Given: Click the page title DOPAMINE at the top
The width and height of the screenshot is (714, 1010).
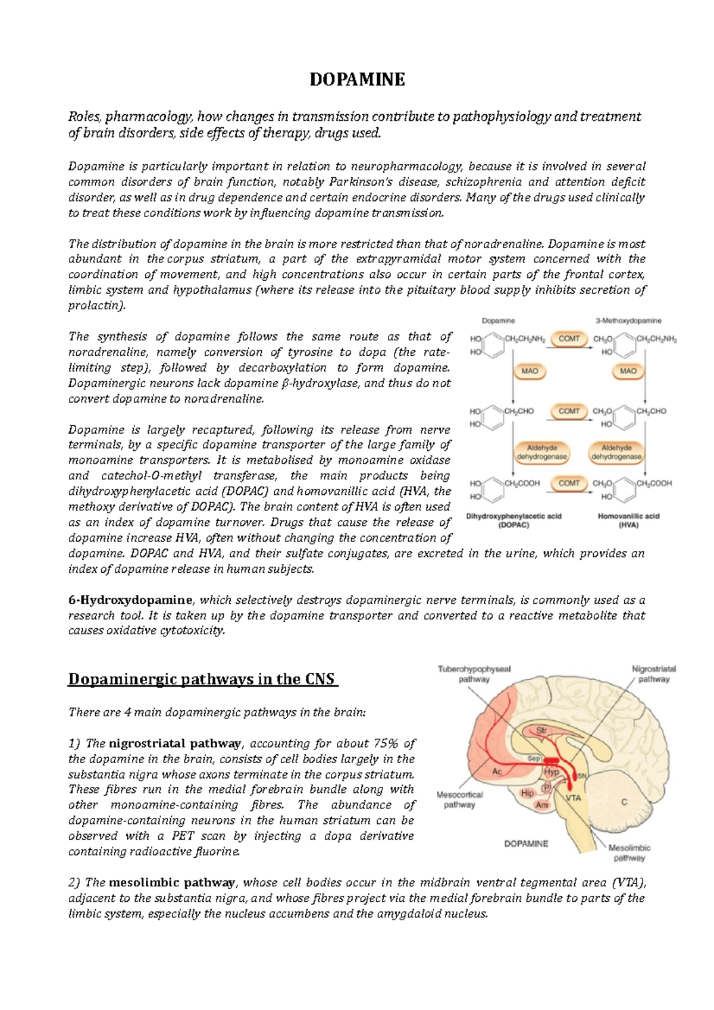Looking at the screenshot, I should click(357, 79).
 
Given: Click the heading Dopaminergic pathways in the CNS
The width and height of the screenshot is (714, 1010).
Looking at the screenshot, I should click(203, 679).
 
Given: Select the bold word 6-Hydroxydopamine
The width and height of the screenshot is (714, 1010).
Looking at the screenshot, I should click(130, 600).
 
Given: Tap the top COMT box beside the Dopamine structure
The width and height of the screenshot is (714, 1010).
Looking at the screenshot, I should click(569, 338).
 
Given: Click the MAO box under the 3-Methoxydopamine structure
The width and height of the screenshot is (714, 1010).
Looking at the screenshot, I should click(628, 371).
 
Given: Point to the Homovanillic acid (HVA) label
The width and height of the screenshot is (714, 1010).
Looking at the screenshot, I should click(628, 520).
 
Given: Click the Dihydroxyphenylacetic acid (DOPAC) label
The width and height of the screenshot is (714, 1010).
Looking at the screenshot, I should click(513, 520).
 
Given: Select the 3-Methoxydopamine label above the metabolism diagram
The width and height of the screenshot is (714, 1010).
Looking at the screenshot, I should click(628, 321).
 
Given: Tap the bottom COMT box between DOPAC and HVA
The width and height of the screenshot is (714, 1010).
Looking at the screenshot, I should click(569, 483).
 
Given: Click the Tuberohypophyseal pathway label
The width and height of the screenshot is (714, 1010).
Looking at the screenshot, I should click(474, 674).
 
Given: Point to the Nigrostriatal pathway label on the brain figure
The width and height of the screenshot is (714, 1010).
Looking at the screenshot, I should click(653, 674).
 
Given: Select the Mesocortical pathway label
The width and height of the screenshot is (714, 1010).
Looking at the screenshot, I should click(459, 799).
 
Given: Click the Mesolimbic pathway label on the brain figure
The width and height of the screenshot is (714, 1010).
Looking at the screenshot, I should click(629, 852).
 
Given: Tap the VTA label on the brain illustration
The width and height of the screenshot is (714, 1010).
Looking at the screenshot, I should click(573, 798).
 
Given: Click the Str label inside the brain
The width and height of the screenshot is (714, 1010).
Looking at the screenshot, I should click(541, 730).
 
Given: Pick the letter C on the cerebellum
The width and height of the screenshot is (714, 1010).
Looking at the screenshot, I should click(624, 802).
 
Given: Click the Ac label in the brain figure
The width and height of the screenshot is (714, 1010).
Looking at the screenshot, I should click(497, 771).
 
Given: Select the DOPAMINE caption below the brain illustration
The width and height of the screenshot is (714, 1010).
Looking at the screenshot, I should click(526, 843).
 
